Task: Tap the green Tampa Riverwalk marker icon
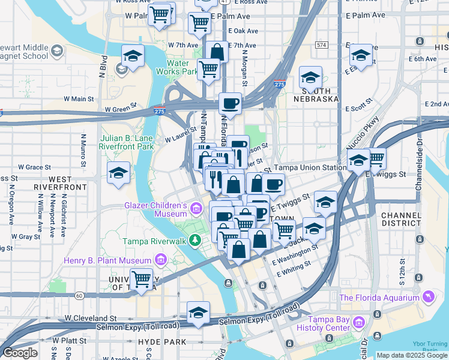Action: [x=194, y=241]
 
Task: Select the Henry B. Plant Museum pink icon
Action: [x=160, y=260]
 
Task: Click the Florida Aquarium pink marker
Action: [x=428, y=297]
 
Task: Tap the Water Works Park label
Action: [x=182, y=67]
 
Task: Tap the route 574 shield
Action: [x=322, y=45]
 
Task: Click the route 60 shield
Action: [x=79, y=295]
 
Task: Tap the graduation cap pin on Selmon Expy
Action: [x=198, y=312]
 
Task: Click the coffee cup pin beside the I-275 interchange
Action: [x=230, y=104]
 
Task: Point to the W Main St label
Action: [x=79, y=98]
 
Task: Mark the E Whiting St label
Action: [x=294, y=268]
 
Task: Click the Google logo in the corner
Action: [x=20, y=353]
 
